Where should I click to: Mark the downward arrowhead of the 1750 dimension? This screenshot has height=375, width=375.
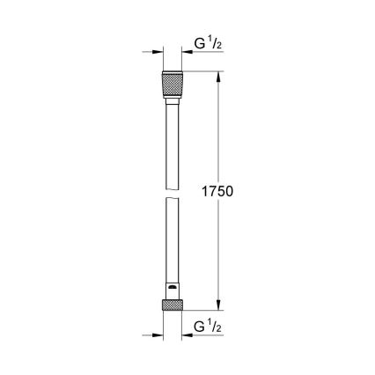(217, 305)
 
